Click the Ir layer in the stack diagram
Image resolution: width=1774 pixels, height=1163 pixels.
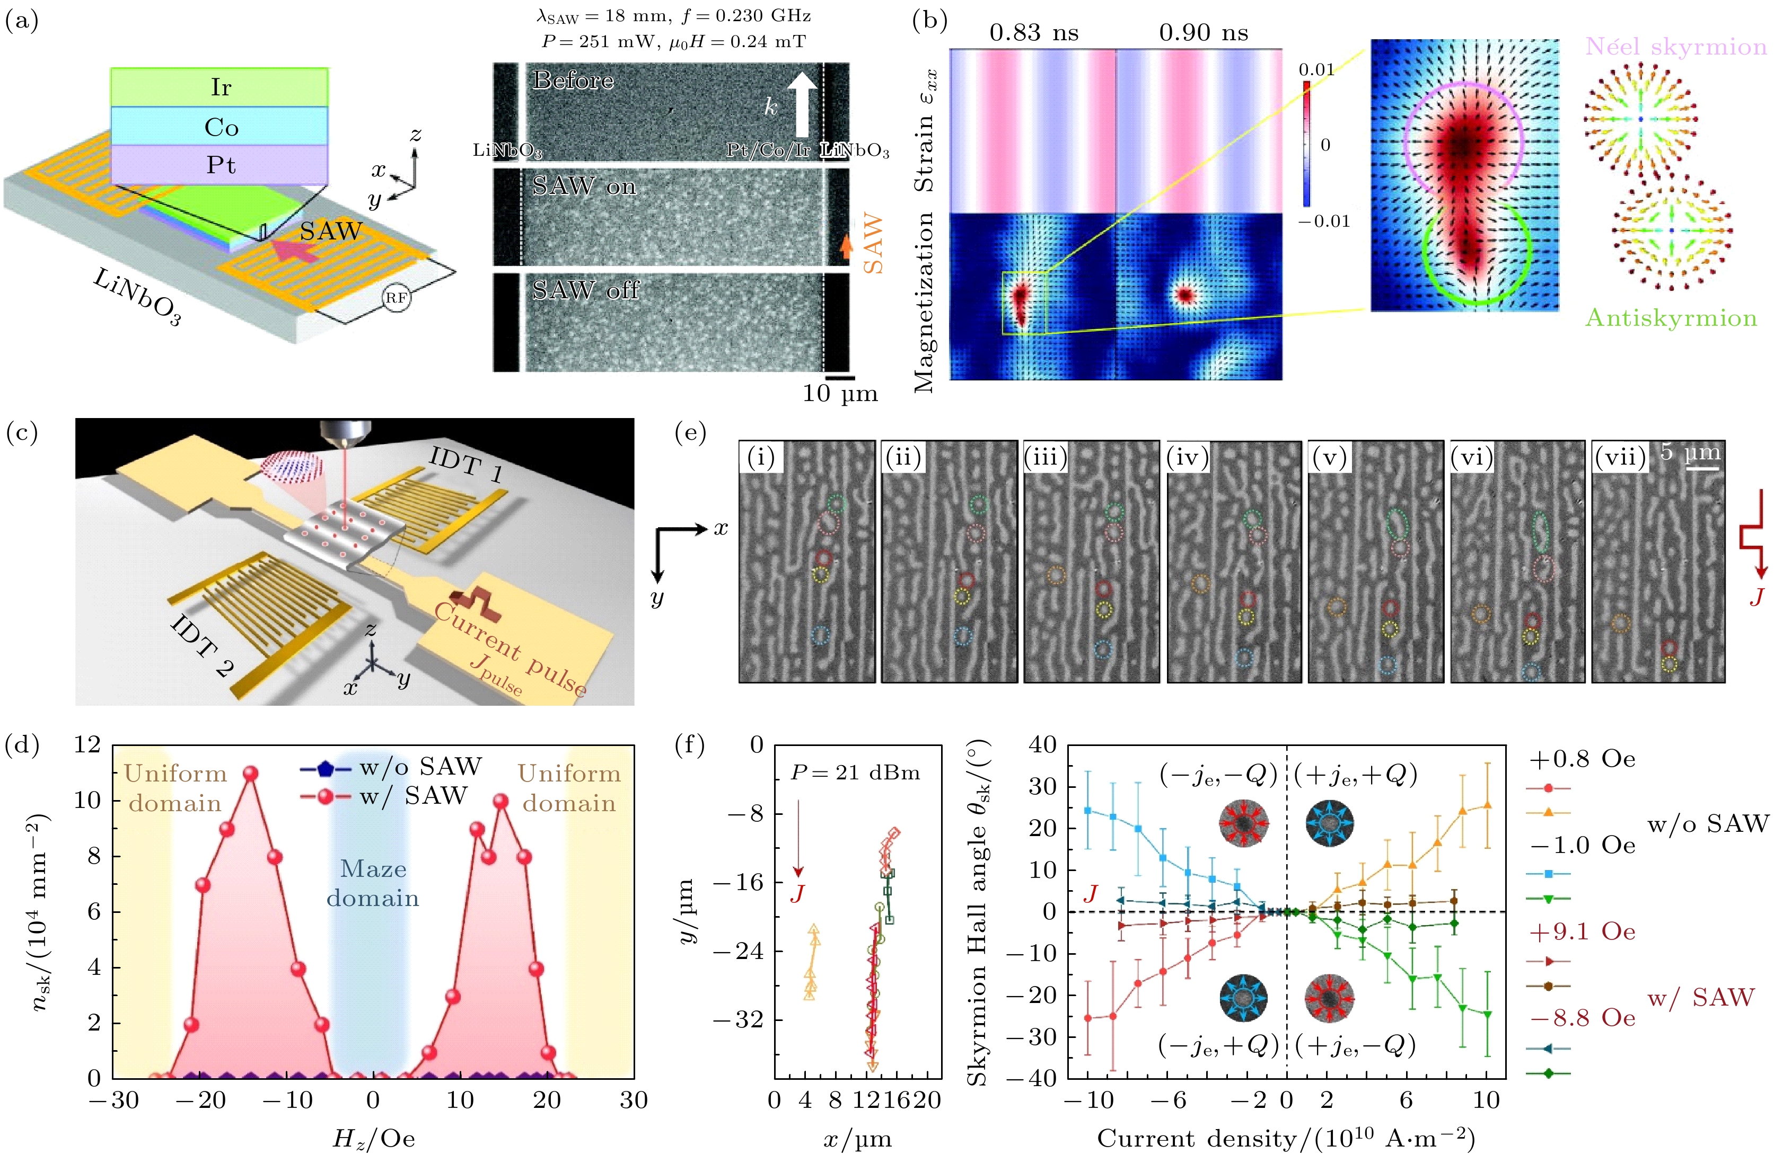220,87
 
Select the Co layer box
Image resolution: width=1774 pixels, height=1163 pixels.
220,127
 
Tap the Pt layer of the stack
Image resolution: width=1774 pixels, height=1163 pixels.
220,165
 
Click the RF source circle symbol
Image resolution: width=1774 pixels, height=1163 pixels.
396,298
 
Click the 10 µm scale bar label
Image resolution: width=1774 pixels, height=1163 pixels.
839,393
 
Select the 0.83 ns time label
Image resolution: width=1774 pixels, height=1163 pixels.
1033,33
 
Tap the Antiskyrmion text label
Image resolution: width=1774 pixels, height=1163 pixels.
1671,318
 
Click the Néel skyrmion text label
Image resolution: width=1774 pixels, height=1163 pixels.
1675,47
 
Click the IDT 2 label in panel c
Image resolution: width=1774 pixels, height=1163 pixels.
201,646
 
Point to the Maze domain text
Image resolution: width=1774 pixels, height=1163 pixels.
373,883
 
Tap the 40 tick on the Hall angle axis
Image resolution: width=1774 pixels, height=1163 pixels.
1042,744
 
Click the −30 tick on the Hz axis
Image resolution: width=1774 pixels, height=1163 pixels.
114,1100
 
